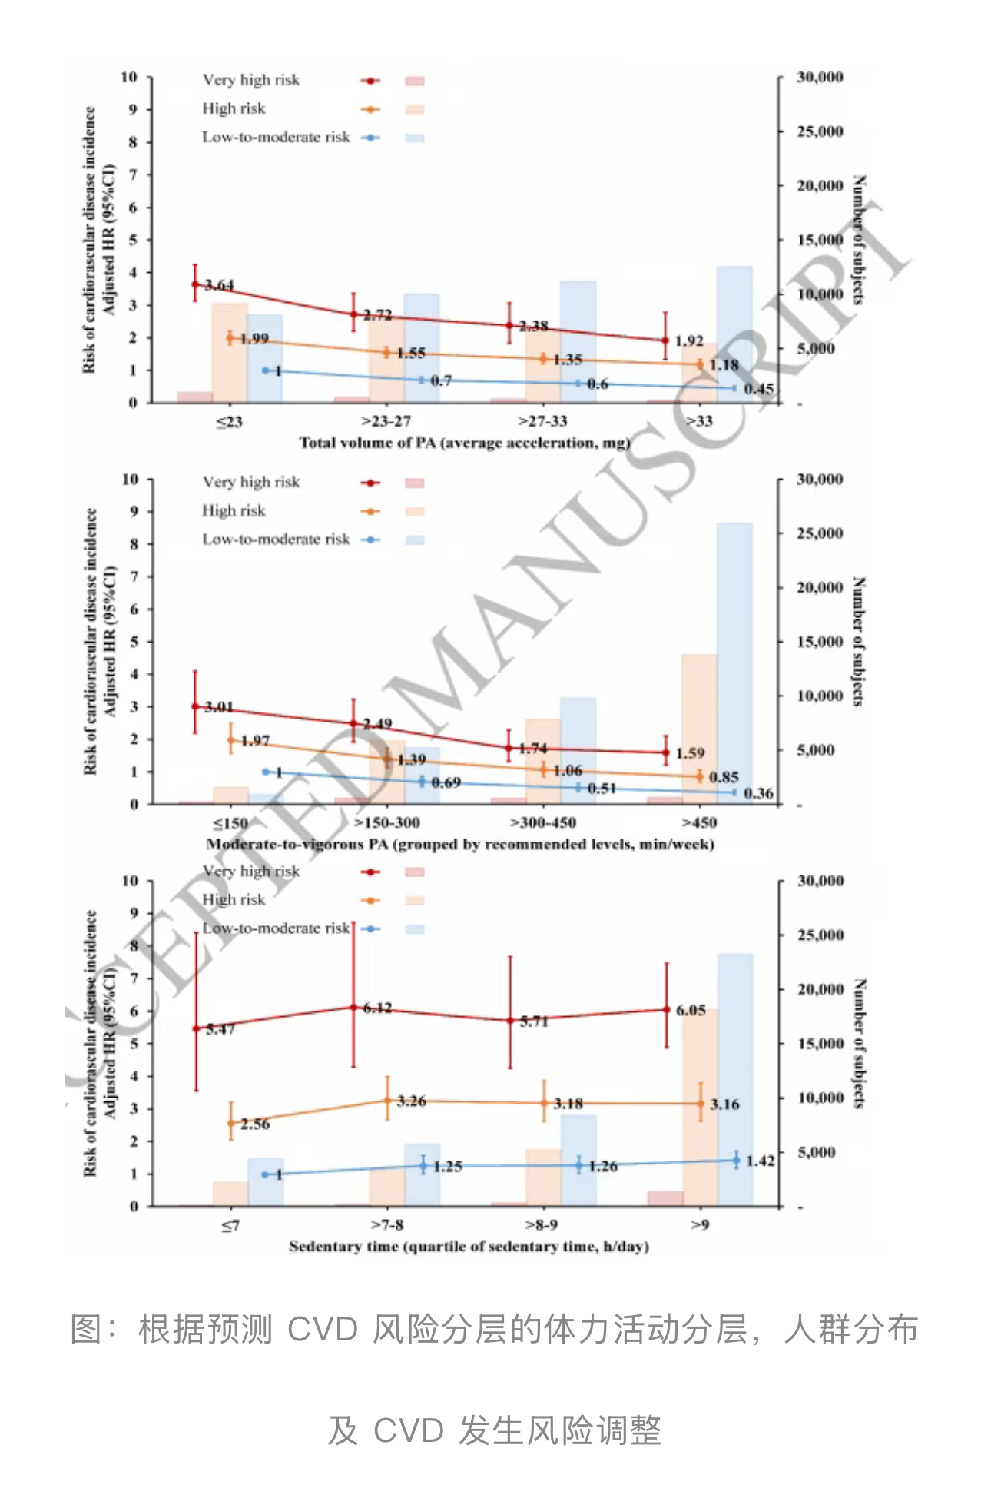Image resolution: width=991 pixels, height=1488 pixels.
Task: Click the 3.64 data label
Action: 220,285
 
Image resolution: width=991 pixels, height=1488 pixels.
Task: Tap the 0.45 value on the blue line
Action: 759,389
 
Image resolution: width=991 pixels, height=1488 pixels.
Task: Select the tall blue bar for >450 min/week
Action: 734,661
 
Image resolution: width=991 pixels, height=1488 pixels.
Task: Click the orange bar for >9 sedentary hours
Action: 700,1107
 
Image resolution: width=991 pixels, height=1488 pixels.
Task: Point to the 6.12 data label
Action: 377,1008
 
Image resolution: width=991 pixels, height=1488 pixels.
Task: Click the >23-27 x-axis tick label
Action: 386,421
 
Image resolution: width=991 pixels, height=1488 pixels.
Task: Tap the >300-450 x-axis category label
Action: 543,823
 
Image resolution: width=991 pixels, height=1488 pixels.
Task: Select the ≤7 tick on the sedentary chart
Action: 230,1225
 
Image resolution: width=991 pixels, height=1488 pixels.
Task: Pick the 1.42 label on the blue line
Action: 760,1161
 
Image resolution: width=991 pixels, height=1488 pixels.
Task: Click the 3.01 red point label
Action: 219,707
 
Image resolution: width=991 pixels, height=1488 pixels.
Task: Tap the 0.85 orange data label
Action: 724,777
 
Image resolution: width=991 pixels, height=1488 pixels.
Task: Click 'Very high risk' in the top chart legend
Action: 250,80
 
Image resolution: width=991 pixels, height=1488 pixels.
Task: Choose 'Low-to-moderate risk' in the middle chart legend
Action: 276,540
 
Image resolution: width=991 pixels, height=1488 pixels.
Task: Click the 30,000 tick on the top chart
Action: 820,77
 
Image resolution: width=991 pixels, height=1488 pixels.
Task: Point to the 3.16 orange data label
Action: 724,1104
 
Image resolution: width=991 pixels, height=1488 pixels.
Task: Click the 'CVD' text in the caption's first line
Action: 323,1329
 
